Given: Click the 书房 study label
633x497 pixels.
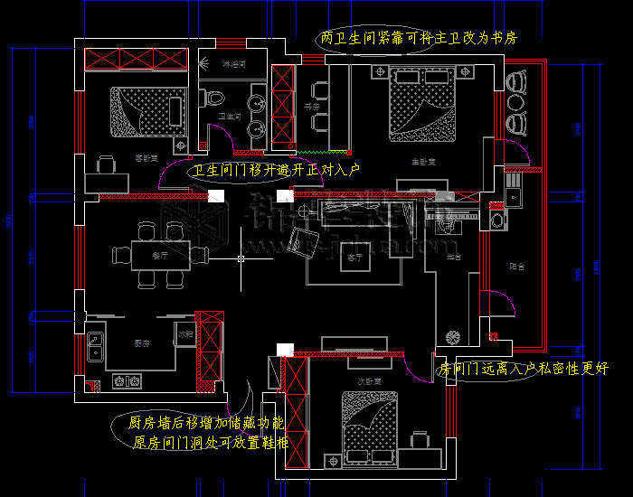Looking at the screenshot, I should (313, 107).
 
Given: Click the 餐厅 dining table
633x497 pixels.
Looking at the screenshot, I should (160, 256).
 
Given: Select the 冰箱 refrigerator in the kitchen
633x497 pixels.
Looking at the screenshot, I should (184, 334).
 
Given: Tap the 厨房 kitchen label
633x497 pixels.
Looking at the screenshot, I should (141, 343).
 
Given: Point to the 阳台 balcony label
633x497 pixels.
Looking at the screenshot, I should (517, 267).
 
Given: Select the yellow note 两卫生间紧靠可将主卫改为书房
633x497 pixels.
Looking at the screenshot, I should (418, 40).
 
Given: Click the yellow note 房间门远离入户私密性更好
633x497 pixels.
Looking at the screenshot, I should (523, 369).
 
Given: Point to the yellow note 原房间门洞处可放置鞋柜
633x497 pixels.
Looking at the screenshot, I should (210, 443).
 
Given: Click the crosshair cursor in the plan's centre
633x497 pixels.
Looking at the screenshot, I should (241, 259).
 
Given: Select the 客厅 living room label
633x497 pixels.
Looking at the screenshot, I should (354, 258).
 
